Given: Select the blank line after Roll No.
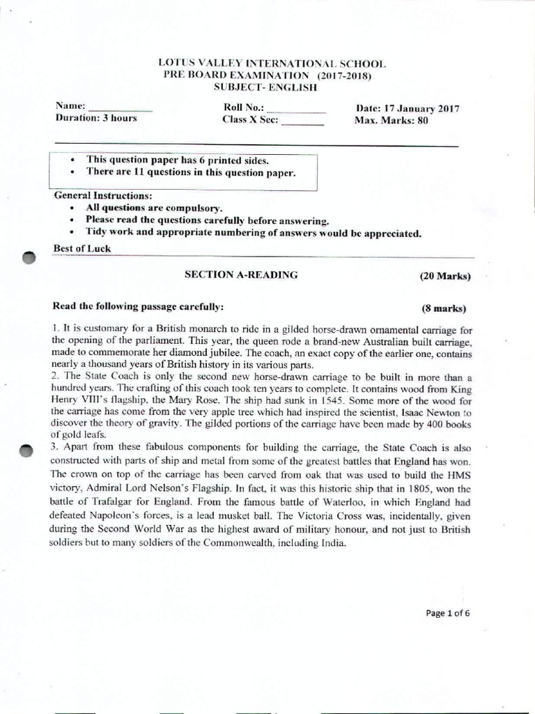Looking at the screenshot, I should (296, 112).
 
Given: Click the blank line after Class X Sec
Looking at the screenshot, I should (302, 124).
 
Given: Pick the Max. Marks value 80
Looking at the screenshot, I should (423, 120).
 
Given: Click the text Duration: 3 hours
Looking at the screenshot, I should (95, 118).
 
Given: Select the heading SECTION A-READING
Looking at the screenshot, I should (240, 275).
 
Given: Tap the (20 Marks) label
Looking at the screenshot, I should (445, 276).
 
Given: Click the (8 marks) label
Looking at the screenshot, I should (444, 307).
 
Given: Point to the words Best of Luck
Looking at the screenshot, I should (82, 248).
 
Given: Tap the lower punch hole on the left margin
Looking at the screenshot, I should (27, 450).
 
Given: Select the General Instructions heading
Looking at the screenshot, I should (102, 195).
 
